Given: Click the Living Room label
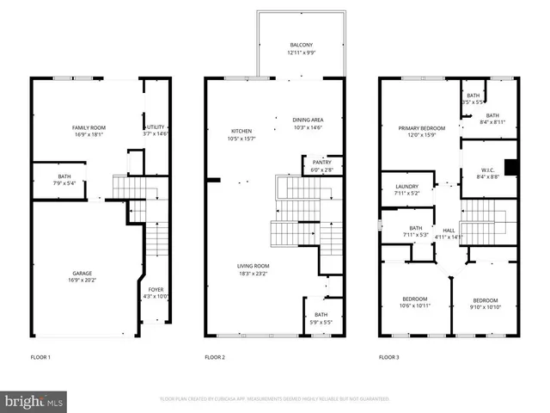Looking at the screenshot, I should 254,268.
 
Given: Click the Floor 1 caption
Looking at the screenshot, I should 40,356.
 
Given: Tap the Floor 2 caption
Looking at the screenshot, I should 214,356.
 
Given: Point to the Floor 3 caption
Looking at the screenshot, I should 389,356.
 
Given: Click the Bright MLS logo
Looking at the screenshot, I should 34,401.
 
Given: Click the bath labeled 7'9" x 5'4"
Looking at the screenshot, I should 64,179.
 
